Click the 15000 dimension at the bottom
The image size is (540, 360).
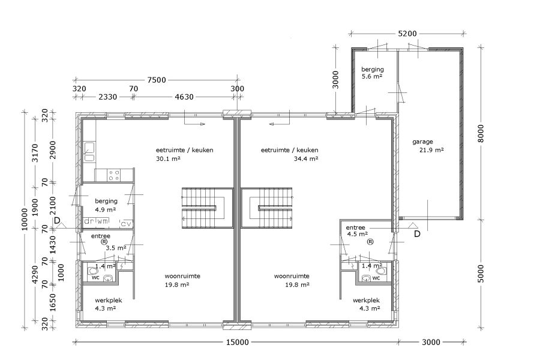237,342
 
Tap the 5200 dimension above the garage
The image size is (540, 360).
407,34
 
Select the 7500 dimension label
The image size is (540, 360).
157,80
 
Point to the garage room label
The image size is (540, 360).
422,142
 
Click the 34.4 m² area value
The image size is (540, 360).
306,158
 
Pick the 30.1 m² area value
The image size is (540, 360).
168,158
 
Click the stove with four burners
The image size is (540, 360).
114,175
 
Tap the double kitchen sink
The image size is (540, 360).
89,152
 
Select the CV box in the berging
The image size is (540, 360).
126,224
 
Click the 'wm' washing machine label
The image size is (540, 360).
102,221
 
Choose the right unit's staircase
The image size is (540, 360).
266,208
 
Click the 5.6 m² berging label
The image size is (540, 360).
372,76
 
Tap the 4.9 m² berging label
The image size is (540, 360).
106,209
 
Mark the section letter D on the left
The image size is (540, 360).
57,220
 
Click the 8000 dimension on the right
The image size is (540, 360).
481,133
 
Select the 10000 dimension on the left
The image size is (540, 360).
24,219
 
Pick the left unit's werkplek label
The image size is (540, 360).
109,301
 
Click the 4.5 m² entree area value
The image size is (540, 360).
358,234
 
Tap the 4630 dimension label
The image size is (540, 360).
184,97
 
